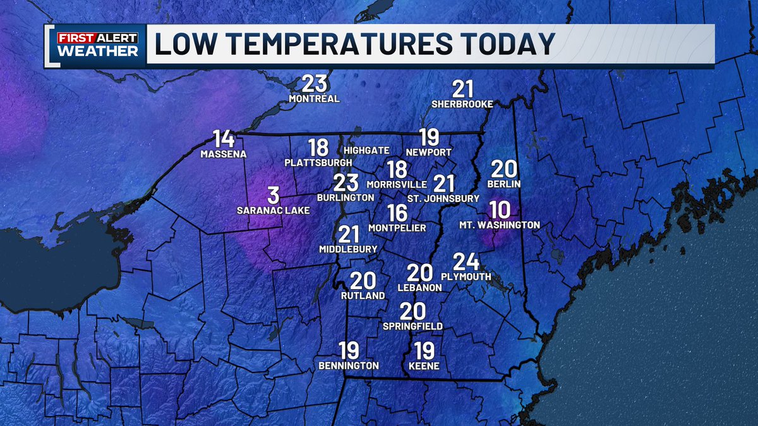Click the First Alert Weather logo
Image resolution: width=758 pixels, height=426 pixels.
pyautogui.click(x=97, y=44)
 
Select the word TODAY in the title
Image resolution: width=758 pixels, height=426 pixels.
pyautogui.click(x=505, y=44)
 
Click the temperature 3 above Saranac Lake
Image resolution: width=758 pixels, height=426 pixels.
pyautogui.click(x=273, y=196)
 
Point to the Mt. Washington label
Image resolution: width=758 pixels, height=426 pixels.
pyautogui.click(x=500, y=225)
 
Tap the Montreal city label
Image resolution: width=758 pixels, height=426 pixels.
pyautogui.click(x=314, y=99)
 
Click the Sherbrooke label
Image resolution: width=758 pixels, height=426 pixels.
pyautogui.click(x=462, y=104)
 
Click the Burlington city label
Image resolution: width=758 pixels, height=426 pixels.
pyautogui.click(x=346, y=198)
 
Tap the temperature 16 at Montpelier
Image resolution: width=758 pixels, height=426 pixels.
pyautogui.click(x=397, y=213)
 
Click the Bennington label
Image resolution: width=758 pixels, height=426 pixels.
pyautogui.click(x=349, y=365)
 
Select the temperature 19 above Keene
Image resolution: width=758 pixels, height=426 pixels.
pyautogui.click(x=424, y=350)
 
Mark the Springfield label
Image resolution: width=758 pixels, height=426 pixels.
pyautogui.click(x=412, y=326)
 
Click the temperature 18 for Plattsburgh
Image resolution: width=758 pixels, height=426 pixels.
pyautogui.click(x=318, y=148)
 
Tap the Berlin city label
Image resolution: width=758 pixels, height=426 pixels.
pyautogui.click(x=503, y=184)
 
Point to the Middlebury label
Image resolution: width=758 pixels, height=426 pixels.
pyautogui.click(x=348, y=249)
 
